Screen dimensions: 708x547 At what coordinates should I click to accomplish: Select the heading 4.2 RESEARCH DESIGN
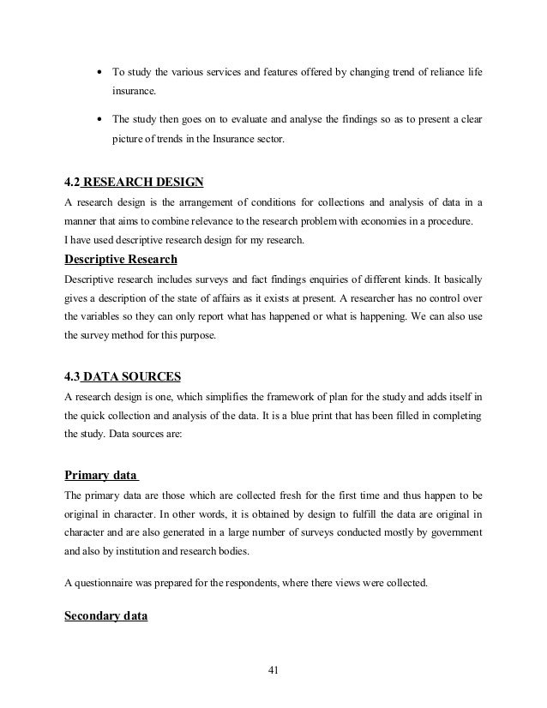click(135, 183)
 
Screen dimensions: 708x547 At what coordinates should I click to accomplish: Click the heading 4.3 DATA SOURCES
click(123, 376)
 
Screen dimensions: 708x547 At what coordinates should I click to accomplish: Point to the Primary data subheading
click(102, 476)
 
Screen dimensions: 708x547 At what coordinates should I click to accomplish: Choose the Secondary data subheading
click(106, 615)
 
